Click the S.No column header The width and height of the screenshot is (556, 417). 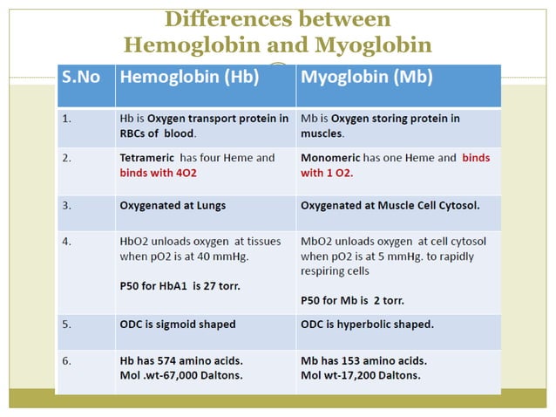click(80, 76)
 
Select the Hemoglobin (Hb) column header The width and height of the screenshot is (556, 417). click(189, 76)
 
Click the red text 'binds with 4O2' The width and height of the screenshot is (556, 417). click(157, 173)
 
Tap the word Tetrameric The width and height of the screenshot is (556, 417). click(148, 158)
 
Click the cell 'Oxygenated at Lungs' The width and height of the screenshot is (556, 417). click(173, 206)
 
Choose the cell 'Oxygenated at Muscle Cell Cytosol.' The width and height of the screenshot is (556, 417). click(390, 206)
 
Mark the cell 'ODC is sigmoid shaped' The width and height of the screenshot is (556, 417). click(177, 325)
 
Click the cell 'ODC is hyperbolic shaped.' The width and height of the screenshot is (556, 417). click(367, 325)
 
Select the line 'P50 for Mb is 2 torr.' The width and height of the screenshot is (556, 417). click(352, 300)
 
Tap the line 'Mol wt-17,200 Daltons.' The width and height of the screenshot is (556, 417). click(360, 375)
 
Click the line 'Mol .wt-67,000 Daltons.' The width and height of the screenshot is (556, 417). click(180, 375)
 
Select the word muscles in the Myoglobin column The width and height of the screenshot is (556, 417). click(322, 134)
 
